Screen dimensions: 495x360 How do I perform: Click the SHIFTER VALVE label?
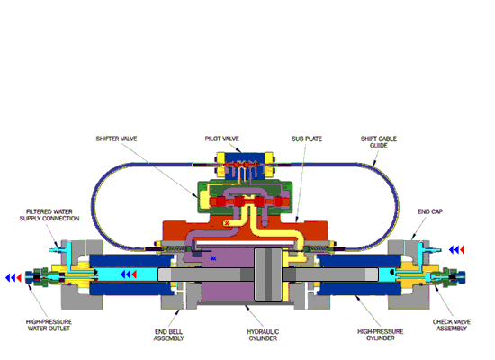click(116, 139)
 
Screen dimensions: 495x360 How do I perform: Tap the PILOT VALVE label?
click(222, 139)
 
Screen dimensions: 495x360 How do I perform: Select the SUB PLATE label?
click(307, 139)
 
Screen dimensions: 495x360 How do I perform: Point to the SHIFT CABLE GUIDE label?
click(379, 142)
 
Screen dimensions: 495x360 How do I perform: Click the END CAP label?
click(430, 211)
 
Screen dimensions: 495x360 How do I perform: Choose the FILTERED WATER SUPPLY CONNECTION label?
click(49, 215)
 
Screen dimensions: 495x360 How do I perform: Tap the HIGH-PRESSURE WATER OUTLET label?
click(49, 325)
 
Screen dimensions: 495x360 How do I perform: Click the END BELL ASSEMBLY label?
click(168, 335)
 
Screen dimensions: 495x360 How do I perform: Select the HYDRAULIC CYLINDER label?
click(263, 335)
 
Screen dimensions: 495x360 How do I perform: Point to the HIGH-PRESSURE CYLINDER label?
click(381, 335)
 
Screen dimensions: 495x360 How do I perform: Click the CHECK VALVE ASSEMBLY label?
click(452, 325)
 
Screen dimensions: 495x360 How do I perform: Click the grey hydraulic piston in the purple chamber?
click(268, 274)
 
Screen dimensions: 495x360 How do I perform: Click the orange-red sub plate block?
click(245, 229)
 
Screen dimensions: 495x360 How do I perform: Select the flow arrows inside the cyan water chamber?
click(129, 274)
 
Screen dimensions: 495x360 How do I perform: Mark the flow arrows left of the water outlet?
click(13, 277)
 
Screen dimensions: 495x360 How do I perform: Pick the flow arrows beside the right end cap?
click(457, 250)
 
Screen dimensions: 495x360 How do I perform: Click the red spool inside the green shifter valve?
click(249, 202)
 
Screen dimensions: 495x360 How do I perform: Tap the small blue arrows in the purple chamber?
click(213, 258)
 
